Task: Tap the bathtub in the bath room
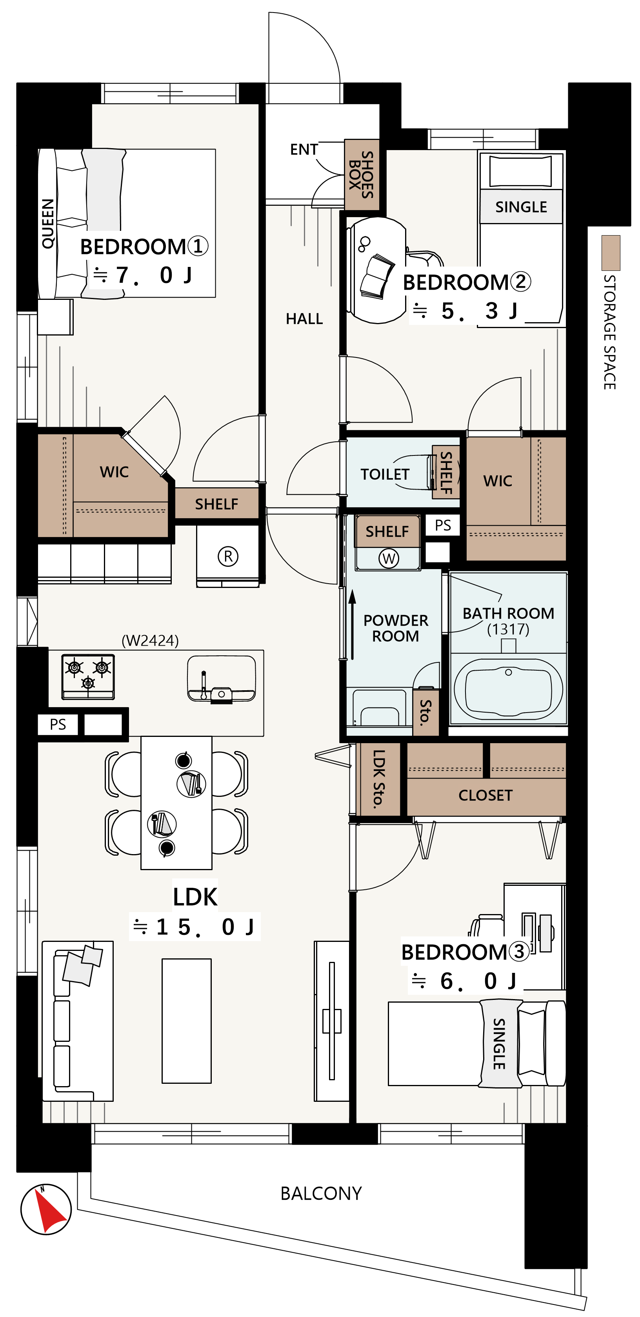(508, 689)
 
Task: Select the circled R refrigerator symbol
(228, 556)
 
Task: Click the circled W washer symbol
(389, 558)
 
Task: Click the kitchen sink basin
(222, 678)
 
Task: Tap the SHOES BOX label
(361, 174)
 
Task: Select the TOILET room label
(385, 474)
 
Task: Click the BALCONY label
(321, 1193)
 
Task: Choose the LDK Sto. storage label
(378, 779)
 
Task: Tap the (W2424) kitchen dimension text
(151, 640)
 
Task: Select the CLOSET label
(485, 795)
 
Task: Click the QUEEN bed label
(47, 224)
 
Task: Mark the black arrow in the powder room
(352, 625)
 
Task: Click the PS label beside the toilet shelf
(443, 525)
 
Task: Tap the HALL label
(304, 319)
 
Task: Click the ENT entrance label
(304, 149)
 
